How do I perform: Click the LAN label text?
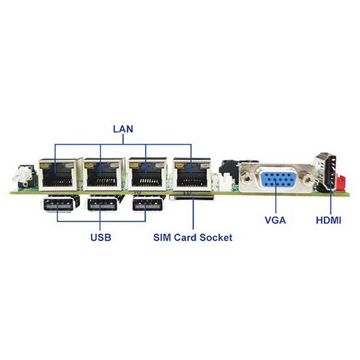[x=123, y=129]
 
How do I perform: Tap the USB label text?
[x=101, y=237]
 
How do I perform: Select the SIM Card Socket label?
[x=193, y=237]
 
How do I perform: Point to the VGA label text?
[x=275, y=220]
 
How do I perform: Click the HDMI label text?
[x=329, y=220]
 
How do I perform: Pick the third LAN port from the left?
[x=147, y=175]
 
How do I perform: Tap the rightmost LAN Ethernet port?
[x=192, y=175]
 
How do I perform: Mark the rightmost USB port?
[x=148, y=204]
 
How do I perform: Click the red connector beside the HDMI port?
[x=341, y=182]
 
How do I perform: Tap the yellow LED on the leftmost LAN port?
[x=45, y=166]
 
